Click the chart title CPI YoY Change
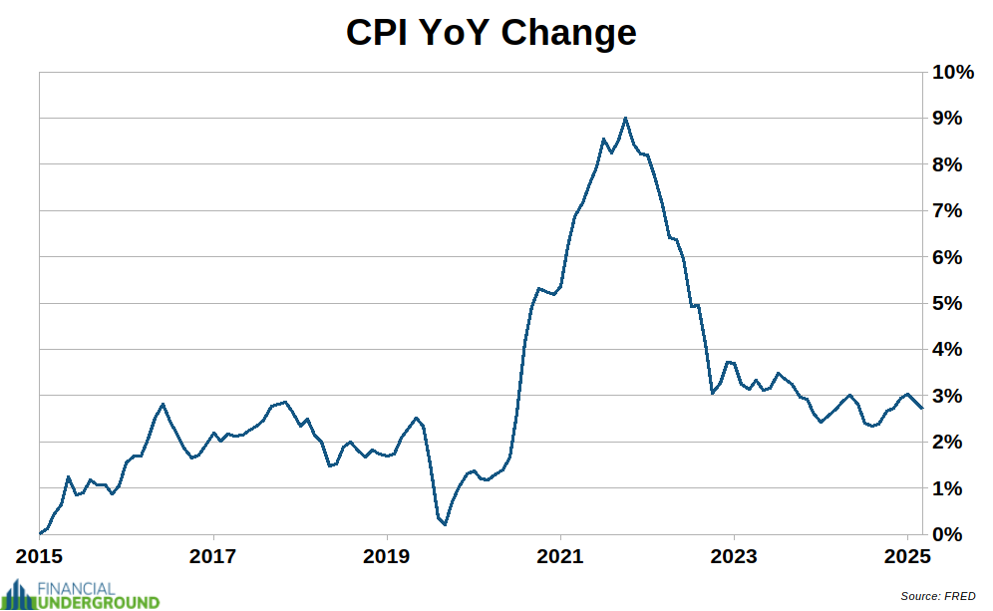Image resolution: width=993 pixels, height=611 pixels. [491, 33]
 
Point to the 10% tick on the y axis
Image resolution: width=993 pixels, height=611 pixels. [953, 73]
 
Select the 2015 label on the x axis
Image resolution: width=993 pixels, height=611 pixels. [40, 556]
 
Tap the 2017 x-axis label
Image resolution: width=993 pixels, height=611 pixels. [213, 556]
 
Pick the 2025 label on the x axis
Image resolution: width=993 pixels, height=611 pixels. [907, 556]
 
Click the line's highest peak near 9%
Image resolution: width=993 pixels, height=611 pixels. [625, 118]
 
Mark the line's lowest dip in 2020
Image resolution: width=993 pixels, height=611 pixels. [445, 524]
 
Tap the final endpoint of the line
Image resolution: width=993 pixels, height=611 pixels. [922, 408]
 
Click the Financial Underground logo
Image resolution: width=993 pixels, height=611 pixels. [81, 595]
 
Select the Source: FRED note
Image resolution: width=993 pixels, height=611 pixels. [937, 596]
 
